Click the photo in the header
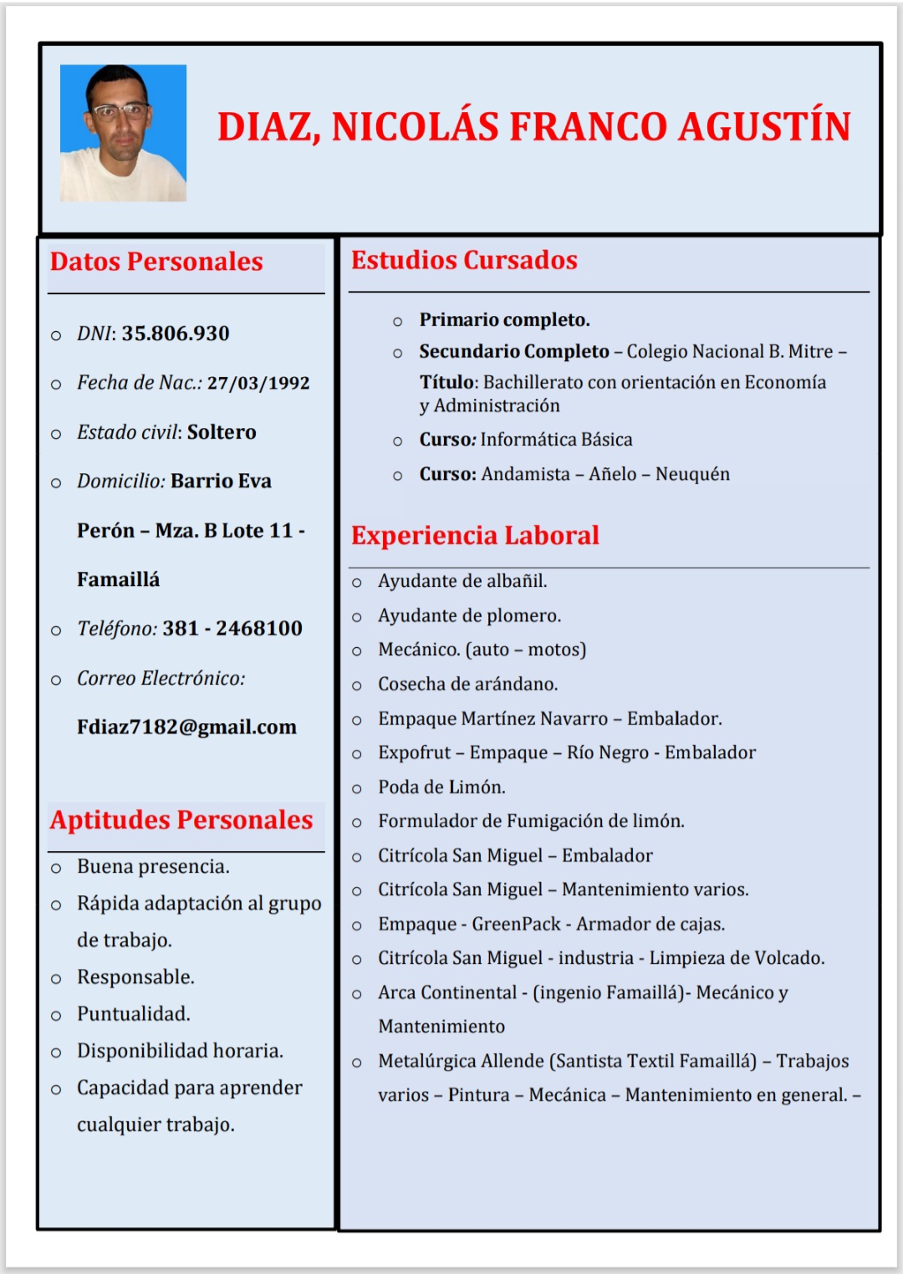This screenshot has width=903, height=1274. (x=123, y=133)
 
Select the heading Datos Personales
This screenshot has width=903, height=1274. (x=156, y=262)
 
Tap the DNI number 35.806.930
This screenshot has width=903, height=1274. (x=176, y=334)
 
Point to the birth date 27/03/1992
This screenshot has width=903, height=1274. (x=258, y=383)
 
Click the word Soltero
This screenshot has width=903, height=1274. (x=222, y=432)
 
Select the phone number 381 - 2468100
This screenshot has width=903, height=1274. (x=232, y=629)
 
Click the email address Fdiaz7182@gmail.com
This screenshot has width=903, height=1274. (x=186, y=727)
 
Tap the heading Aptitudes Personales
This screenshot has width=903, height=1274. (x=181, y=820)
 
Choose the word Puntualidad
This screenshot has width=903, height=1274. (x=134, y=1014)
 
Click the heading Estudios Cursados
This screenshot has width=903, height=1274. (x=464, y=260)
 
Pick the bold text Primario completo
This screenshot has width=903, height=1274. (x=504, y=320)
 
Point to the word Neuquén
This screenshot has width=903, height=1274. (x=692, y=474)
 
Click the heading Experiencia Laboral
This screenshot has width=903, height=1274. (x=475, y=535)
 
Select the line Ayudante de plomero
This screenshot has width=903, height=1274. (x=469, y=616)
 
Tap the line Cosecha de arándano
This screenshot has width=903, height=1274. (x=467, y=685)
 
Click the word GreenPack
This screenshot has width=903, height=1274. (x=516, y=924)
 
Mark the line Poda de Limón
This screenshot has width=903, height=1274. (x=441, y=787)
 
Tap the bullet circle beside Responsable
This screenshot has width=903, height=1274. (x=56, y=979)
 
